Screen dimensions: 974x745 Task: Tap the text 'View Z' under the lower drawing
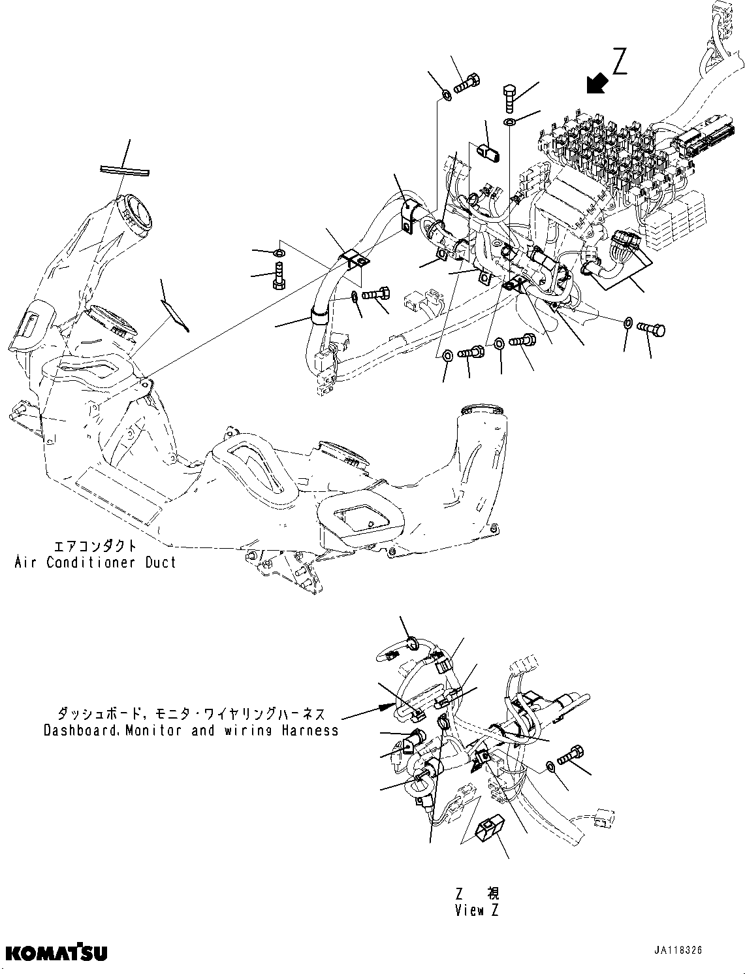tap(478, 911)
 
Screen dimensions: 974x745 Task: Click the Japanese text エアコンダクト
tap(95, 545)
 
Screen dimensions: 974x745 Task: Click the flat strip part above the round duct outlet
tap(124, 171)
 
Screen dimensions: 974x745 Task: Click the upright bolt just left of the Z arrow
tap(510, 99)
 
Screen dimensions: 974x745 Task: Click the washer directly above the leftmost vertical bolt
tap(279, 253)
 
